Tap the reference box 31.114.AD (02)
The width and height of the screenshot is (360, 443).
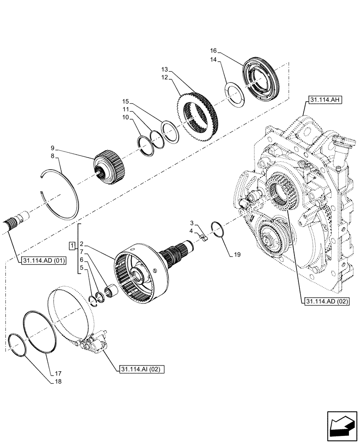[327, 302]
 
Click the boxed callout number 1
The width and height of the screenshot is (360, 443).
[72, 245]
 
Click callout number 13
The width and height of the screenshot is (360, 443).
[164, 70]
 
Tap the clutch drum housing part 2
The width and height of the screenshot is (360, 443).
[142, 271]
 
